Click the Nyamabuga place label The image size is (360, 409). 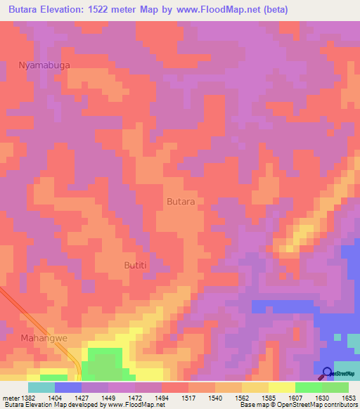pyautogui.click(x=44, y=65)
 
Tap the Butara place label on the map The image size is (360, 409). pyautogui.click(x=181, y=201)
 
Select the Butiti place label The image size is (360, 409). pyautogui.click(x=136, y=264)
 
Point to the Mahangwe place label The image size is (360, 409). pyautogui.click(x=44, y=338)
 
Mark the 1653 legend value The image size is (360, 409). pyautogui.click(x=349, y=397)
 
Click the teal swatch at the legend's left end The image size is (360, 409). pyautogui.click(x=41, y=387)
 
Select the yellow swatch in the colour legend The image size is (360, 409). pyautogui.click(x=281, y=387)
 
